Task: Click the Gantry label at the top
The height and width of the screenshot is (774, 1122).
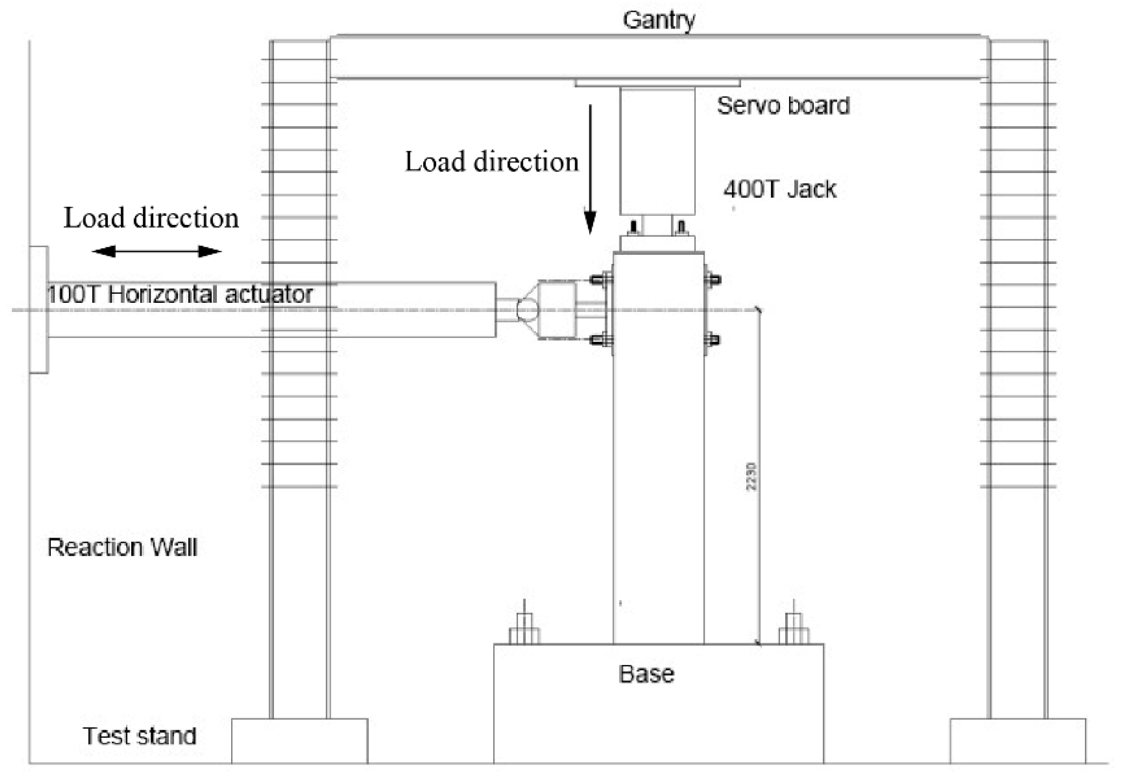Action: click(658, 20)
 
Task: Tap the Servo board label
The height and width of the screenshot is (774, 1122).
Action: click(783, 106)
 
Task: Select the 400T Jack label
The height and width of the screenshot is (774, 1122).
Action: click(780, 189)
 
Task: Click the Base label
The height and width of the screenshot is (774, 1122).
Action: click(646, 674)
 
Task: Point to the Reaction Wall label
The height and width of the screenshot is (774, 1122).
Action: click(122, 548)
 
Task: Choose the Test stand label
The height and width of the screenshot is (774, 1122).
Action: click(140, 735)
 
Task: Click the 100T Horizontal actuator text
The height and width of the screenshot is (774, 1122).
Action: click(179, 294)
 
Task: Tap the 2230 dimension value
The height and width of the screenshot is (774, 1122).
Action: click(751, 477)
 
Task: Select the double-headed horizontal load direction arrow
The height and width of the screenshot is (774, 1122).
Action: click(156, 251)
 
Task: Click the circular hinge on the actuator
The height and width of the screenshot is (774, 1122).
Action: click(527, 310)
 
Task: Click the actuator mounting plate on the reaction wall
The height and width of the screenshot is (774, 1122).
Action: click(39, 310)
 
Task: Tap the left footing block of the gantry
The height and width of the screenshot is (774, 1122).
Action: click(299, 741)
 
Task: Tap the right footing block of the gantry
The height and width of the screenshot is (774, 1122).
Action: click(1018, 741)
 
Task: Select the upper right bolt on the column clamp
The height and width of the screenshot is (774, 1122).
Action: click(712, 280)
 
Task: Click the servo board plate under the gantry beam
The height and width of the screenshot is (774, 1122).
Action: click(657, 83)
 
